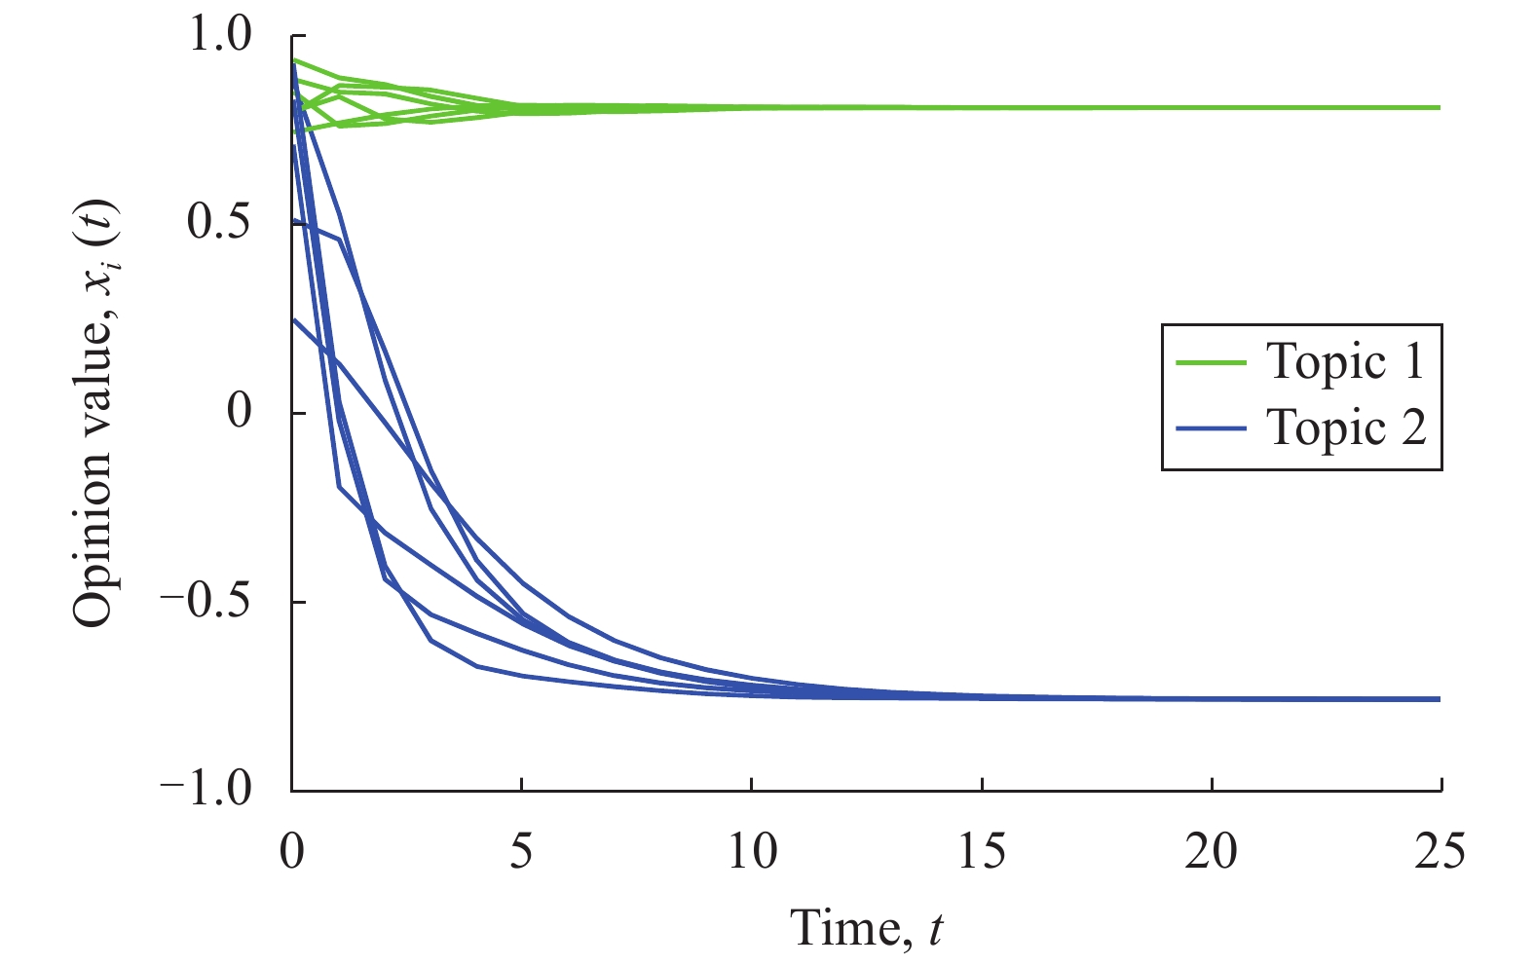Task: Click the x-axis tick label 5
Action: coord(522,852)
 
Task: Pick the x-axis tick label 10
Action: coord(752,852)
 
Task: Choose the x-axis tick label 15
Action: coord(982,852)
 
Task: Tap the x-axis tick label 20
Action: coord(1212,852)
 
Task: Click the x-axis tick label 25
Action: coord(1440,852)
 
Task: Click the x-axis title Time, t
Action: coord(866,927)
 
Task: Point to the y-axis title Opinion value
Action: coord(94,413)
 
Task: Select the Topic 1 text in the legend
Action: coord(1345,361)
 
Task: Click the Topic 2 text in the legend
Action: coord(1345,427)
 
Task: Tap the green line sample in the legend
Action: coord(1211,362)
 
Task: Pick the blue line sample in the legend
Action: coord(1211,427)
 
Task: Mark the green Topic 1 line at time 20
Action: coord(1212,107)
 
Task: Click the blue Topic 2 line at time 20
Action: coord(1212,698)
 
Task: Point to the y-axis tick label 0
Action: coord(240,412)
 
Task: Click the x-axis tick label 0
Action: coord(292,852)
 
